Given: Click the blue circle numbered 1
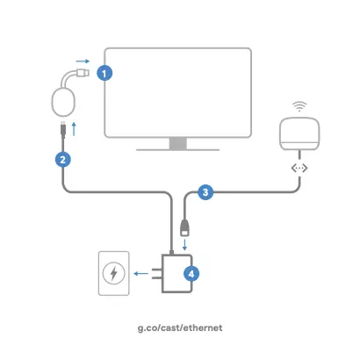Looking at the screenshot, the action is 104,73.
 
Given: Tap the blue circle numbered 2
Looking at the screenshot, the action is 63,160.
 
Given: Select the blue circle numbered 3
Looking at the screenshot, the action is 205,192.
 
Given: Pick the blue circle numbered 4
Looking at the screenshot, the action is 191,274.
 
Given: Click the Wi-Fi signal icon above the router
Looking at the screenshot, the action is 299,106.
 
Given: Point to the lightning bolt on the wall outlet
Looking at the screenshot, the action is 114,273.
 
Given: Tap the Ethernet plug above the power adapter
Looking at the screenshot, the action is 184,227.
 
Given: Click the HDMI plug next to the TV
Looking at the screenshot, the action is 83,72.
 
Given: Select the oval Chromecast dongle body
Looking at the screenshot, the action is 63,102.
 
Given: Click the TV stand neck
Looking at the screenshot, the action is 178,143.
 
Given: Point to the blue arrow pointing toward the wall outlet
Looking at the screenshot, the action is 140,274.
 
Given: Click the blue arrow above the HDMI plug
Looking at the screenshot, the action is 83,61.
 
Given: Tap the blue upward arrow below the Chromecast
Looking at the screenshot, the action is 74,129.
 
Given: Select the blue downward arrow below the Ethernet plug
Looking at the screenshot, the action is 184,245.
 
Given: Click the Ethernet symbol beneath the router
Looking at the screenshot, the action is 299,169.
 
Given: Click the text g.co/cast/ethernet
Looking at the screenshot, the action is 180,328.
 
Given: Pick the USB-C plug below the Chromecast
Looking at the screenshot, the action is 63,128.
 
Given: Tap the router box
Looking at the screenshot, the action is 299,133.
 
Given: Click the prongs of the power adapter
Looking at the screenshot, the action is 157,274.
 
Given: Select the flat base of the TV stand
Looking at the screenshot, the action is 178,150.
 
